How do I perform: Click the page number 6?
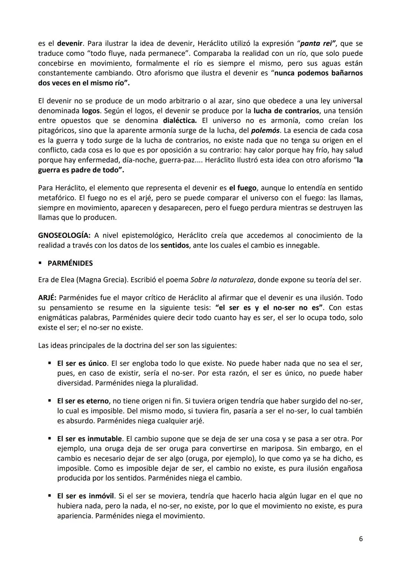[x=361, y=539]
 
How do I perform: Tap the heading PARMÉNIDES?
[x=70, y=263]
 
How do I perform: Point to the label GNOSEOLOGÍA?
[x=64, y=235]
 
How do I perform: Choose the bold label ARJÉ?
[x=47, y=298]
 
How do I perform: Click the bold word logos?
[x=91, y=111]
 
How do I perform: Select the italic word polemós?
[x=265, y=131]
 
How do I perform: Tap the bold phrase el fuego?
[x=243, y=188]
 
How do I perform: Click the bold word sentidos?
[x=175, y=245]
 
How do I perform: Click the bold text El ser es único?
[x=82, y=363]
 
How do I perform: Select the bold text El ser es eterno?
[x=83, y=401]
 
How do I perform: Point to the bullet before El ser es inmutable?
[x=50, y=439]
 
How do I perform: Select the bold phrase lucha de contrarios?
[x=286, y=111]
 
